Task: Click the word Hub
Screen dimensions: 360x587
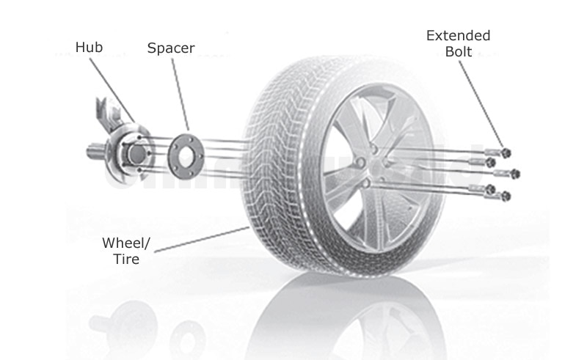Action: click(x=88, y=48)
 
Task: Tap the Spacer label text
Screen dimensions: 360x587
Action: click(x=171, y=48)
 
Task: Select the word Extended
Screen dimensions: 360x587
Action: click(x=458, y=36)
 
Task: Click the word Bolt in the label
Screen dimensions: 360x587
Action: click(x=458, y=53)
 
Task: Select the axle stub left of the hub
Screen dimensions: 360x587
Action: click(x=94, y=154)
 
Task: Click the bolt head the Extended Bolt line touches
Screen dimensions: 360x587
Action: click(x=506, y=153)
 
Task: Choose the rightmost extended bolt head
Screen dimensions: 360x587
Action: click(x=516, y=174)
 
